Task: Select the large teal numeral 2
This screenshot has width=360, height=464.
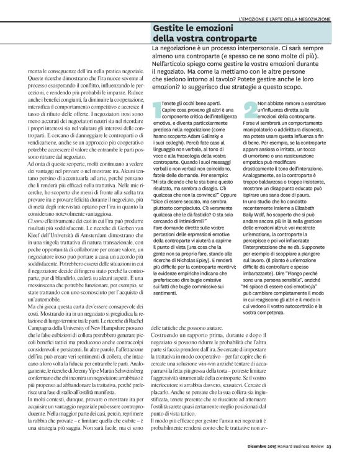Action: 246,111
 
